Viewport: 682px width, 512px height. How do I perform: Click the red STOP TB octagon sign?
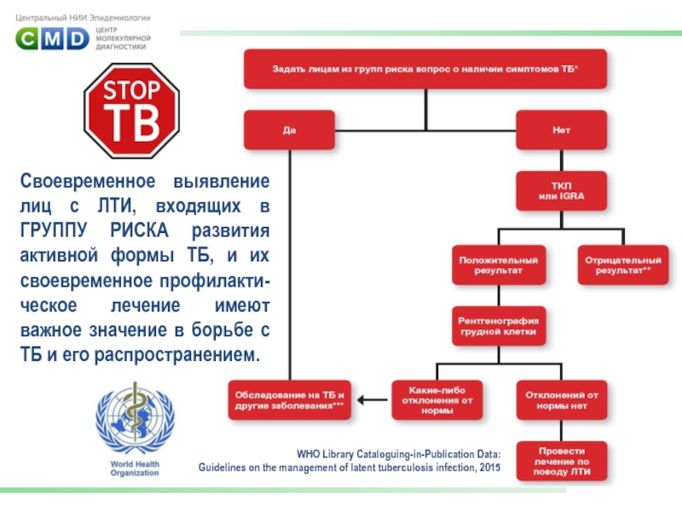pyautogui.click(x=133, y=110)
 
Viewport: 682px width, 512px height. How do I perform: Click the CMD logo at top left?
pyautogui.click(x=53, y=38)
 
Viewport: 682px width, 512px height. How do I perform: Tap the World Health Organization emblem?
pyautogui.click(x=132, y=421)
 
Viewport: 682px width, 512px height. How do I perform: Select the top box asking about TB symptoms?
pyautogui.click(x=425, y=68)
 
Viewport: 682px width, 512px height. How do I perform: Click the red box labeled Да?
pyautogui.click(x=290, y=131)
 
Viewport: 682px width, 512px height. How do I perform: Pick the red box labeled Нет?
pyautogui.click(x=561, y=131)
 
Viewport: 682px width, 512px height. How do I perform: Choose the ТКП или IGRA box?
pyautogui.click(x=561, y=192)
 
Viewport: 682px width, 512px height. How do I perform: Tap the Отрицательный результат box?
pyautogui.click(x=624, y=264)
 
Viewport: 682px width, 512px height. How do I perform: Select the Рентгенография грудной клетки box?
pyautogui.click(x=498, y=325)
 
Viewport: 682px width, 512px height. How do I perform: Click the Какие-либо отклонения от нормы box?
pyautogui.click(x=436, y=399)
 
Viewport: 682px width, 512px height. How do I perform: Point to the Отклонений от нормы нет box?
pyautogui.click(x=561, y=399)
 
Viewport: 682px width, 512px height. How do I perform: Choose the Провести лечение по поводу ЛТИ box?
pyautogui.click(x=561, y=462)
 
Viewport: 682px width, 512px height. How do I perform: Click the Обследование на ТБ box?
pyautogui.click(x=290, y=399)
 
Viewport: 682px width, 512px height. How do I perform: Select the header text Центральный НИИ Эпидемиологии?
pyautogui.click(x=83, y=16)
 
